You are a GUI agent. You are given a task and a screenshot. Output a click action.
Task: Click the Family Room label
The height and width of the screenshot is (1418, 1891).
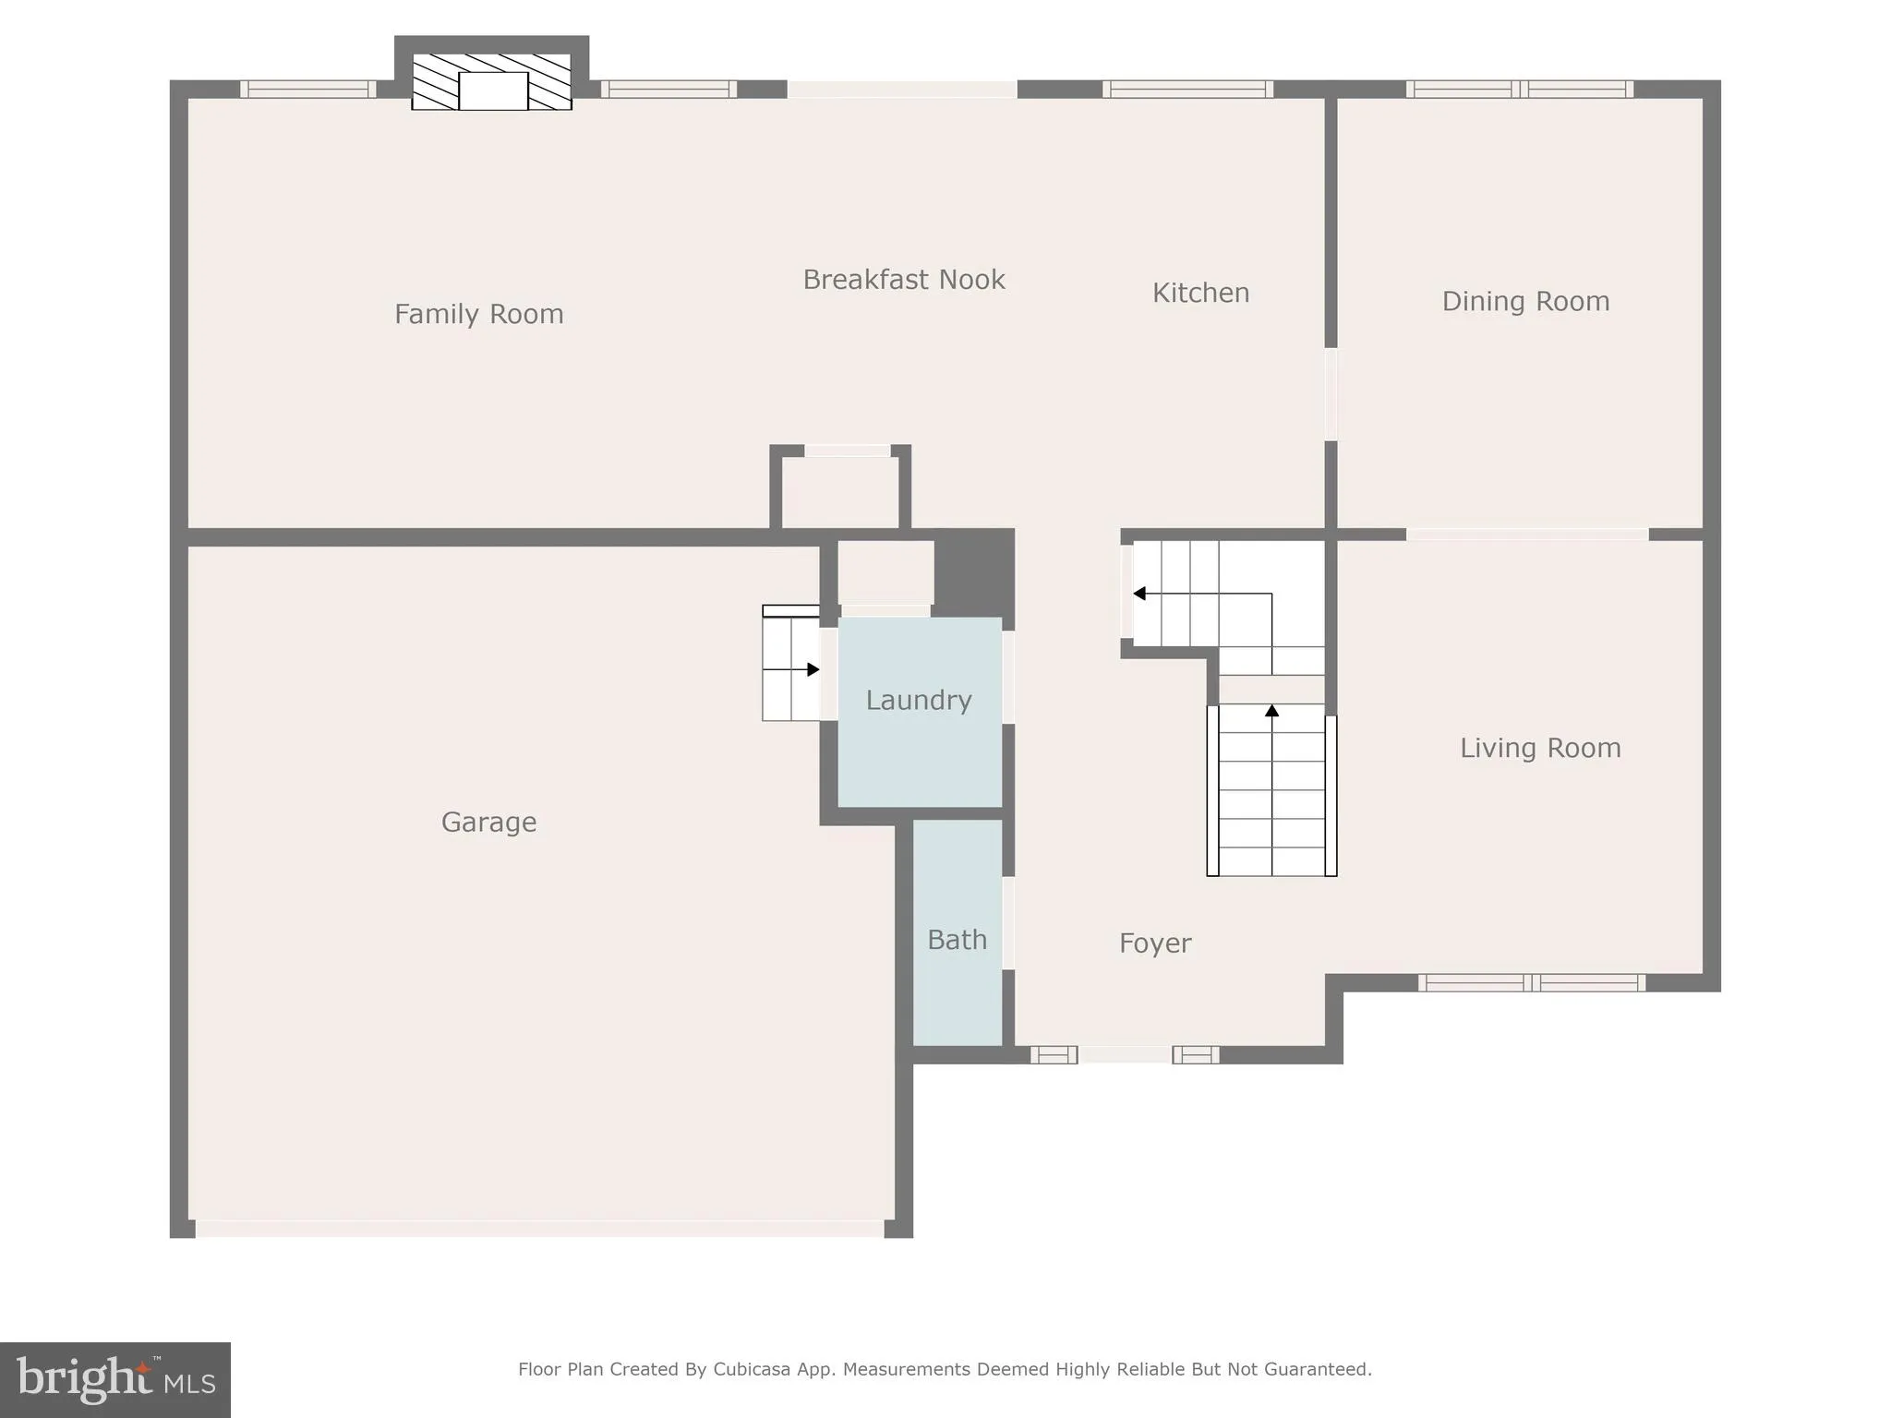click(478, 314)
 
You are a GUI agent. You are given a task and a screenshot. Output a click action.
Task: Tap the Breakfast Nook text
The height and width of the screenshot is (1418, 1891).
click(903, 280)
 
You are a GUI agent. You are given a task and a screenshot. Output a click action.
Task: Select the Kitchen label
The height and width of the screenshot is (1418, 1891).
click(1200, 293)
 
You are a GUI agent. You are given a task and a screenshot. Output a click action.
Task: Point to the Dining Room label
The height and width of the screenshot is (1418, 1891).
click(1525, 301)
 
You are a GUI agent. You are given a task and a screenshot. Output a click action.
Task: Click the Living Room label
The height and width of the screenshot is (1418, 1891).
click(1539, 748)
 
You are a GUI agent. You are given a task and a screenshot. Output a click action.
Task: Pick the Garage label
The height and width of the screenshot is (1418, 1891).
click(488, 822)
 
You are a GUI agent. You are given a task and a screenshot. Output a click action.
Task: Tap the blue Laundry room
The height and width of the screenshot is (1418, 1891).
click(919, 739)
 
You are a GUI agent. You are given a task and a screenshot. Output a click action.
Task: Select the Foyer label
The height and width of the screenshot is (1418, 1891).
click(1154, 943)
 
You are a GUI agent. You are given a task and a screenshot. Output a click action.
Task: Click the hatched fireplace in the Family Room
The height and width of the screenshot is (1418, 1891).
click(491, 81)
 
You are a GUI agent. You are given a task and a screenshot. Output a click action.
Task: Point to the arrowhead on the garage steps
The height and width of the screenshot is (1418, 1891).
click(813, 669)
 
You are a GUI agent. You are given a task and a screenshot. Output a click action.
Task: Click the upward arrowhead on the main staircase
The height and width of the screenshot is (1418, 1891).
click(1271, 710)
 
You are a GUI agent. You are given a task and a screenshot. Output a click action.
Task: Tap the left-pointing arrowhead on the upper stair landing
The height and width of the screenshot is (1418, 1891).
click(1139, 594)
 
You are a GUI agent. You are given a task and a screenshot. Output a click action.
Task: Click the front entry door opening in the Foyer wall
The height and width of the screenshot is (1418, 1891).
click(1125, 1054)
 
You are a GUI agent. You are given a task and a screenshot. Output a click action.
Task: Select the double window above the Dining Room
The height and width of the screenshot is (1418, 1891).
click(1519, 90)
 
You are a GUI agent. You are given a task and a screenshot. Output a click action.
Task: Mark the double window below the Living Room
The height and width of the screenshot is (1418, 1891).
click(1531, 983)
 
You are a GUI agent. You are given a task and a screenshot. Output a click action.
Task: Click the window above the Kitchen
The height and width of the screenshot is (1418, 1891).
click(1187, 90)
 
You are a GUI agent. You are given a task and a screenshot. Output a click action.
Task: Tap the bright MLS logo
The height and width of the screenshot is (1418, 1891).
click(115, 1379)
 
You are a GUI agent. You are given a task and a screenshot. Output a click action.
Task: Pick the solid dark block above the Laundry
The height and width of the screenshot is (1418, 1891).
click(974, 572)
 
